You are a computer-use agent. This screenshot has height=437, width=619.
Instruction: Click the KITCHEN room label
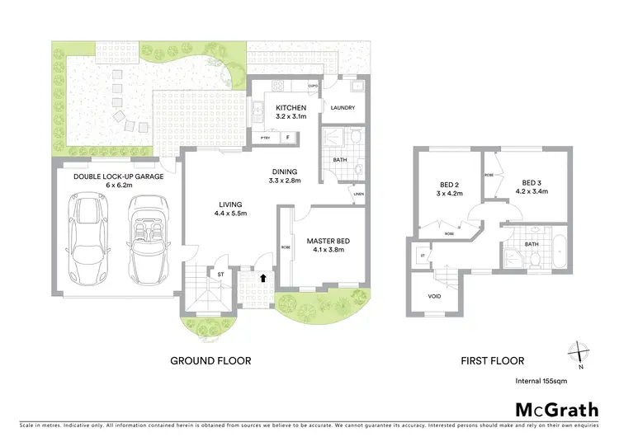[291, 108]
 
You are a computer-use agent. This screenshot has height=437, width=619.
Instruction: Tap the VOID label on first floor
[434, 296]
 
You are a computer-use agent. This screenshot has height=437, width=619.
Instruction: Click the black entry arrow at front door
[263, 279]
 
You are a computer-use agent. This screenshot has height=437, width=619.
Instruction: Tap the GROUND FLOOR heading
[210, 360]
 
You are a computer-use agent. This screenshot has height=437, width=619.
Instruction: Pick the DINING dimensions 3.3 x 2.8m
[286, 180]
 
